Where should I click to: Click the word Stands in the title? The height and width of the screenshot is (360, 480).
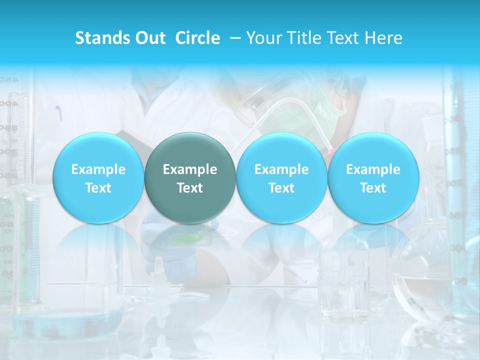[102, 38]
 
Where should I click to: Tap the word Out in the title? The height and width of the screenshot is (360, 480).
[150, 38]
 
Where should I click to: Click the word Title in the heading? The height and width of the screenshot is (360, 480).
[307, 38]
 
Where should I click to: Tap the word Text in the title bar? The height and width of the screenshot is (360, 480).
[346, 38]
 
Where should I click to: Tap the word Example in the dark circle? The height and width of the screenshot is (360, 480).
[190, 169]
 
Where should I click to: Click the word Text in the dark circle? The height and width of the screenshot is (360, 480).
[190, 188]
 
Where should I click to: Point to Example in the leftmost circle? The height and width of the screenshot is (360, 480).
[98, 169]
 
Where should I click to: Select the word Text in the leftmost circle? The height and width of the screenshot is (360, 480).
[98, 188]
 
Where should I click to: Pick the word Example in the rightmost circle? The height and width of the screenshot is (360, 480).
[373, 169]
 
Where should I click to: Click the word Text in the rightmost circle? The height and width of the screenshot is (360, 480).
[373, 188]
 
